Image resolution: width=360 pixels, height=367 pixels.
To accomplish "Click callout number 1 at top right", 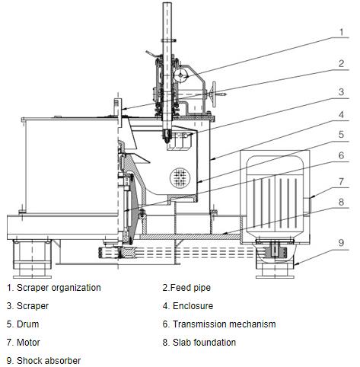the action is pyautogui.click(x=342, y=32).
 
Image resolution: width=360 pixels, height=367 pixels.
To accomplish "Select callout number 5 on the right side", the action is pyautogui.click(x=342, y=134).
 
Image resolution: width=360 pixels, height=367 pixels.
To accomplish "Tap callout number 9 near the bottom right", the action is pyautogui.click(x=342, y=243).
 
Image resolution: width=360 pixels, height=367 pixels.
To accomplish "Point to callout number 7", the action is pyautogui.click(x=342, y=181).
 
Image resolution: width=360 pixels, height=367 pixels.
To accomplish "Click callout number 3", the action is pyautogui.click(x=342, y=91).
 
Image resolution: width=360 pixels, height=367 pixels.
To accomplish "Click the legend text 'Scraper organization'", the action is pyautogui.click(x=59, y=288).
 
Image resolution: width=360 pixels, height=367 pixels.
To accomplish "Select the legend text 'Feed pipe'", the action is pyautogui.click(x=190, y=288).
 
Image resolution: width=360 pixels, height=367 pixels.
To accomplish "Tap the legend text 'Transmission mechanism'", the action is pyautogui.click(x=225, y=324).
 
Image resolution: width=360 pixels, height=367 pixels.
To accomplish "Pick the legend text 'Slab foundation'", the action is pyautogui.click(x=204, y=343).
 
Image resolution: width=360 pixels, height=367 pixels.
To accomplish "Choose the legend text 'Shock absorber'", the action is pyautogui.click(x=49, y=361).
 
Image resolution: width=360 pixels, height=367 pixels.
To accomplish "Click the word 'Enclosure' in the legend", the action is pyautogui.click(x=193, y=306).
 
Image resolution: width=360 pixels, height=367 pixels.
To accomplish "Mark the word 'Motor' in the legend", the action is pyautogui.click(x=28, y=343).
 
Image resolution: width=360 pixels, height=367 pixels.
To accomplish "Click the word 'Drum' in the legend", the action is pyautogui.click(x=27, y=324).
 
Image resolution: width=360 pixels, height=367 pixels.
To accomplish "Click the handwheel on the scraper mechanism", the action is pyautogui.click(x=214, y=94).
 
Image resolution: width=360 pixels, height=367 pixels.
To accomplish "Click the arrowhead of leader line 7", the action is pyautogui.click(x=311, y=196).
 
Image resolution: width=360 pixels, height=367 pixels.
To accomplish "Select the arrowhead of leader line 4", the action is pyautogui.click(x=212, y=159).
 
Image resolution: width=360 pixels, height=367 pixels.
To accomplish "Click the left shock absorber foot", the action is pyautogui.click(x=32, y=258).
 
